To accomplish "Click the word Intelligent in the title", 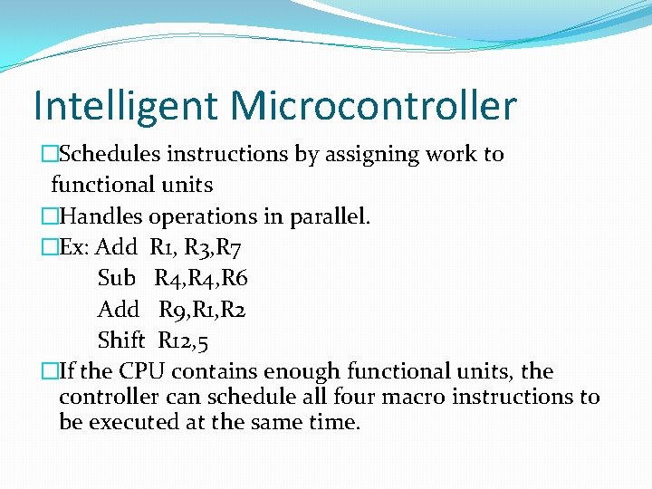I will [x=124, y=107].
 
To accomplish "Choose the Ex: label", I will [x=73, y=247].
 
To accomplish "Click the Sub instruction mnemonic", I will [x=116, y=278].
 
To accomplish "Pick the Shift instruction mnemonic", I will [x=120, y=340].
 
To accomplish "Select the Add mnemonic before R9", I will [x=118, y=310].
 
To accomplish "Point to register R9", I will [x=175, y=310].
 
